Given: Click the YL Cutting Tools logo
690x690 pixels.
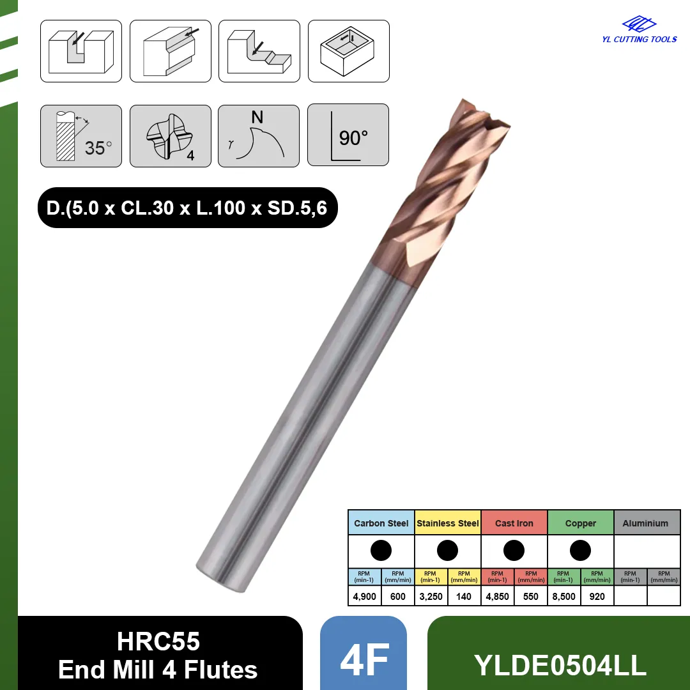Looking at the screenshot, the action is click(640, 29).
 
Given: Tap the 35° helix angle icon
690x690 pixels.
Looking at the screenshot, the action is click(81, 136).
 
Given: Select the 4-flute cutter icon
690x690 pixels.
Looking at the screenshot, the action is click(171, 136).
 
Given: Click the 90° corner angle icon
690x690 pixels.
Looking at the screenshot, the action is click(348, 135).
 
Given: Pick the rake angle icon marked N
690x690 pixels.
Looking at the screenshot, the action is click(259, 136).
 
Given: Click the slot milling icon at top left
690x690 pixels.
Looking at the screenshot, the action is click(81, 51).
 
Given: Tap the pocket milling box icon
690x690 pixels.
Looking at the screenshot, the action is click(349, 51).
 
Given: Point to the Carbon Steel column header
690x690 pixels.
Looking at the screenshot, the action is click(381, 523).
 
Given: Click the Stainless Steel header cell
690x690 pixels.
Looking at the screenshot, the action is click(447, 523).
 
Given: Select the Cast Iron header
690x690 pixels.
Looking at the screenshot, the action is click(514, 523).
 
